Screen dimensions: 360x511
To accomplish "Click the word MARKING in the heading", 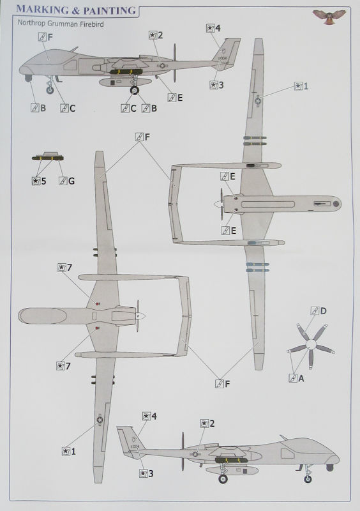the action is point(43,10).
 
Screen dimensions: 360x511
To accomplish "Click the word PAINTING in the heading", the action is point(109,10).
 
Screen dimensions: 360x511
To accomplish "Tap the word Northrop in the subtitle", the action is point(29,24).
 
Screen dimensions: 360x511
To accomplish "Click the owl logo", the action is point(329,16).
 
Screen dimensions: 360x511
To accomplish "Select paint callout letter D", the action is point(323,311).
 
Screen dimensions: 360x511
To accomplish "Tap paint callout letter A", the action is point(301,378).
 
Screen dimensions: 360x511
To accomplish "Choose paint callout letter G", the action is point(71,181).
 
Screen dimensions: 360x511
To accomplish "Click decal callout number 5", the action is point(43,181).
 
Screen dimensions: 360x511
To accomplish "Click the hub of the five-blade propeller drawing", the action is point(311,344).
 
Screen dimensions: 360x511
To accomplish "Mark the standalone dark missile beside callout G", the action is point(48,158).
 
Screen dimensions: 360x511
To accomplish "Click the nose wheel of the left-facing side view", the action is point(50,90).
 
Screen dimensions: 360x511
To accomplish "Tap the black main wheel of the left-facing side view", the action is point(134,90).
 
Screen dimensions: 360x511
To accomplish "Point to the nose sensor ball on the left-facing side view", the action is point(28,78).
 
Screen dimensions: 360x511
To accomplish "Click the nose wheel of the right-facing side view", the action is point(308,478).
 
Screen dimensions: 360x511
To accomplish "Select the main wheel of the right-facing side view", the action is point(223,478).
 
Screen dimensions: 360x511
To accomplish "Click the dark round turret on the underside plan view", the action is point(336,204).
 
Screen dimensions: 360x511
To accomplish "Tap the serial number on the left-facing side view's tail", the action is point(223,58).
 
